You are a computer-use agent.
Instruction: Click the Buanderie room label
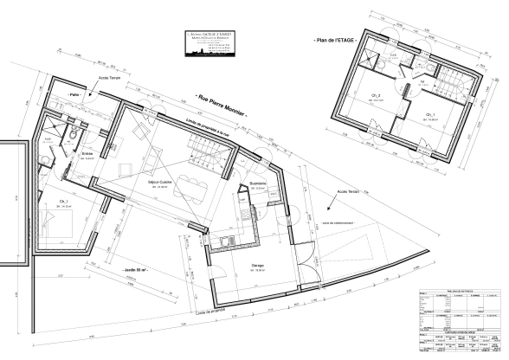coord(256,184)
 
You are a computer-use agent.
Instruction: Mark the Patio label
coord(74,94)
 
